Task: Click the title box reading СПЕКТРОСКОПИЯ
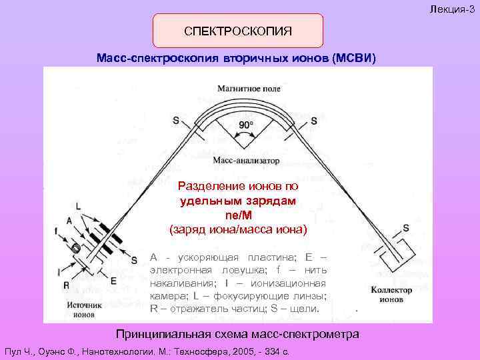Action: (238, 31)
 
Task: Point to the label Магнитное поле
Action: (249, 88)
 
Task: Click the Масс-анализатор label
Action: (247, 160)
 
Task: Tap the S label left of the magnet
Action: (176, 121)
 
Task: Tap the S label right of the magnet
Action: (314, 121)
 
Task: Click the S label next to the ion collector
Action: (406, 228)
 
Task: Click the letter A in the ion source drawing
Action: (69, 221)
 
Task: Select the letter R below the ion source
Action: (67, 285)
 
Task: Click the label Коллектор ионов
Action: (390, 294)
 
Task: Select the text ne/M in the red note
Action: (238, 215)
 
